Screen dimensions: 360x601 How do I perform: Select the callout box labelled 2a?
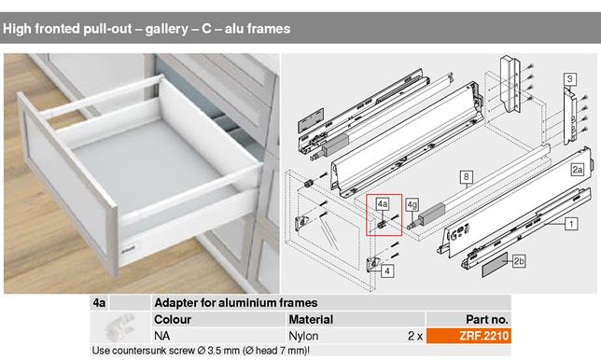578,170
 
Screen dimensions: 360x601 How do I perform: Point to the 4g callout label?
412,203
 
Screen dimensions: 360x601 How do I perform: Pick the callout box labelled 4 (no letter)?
387,270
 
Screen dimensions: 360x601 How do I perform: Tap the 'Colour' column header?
173,319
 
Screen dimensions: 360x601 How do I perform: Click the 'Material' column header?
311,319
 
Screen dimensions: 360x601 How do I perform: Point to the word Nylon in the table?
304,334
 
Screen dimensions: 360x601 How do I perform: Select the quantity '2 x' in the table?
415,334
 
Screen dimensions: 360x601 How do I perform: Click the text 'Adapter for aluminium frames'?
235,303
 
